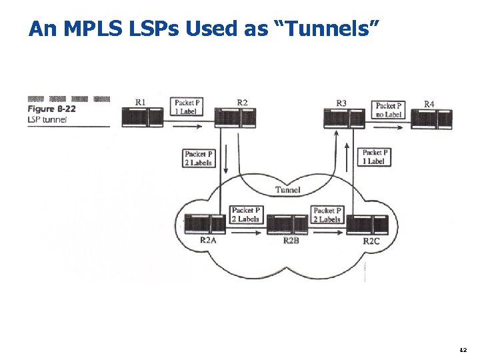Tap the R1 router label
141,102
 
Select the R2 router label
243,102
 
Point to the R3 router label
341,103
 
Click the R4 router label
430,104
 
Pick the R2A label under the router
208,240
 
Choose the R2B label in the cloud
291,240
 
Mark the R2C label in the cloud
371,241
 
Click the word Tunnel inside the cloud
288,190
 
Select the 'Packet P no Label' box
389,110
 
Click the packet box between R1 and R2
185,107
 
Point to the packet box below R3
374,157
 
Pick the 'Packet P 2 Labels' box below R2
198,158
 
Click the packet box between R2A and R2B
245,215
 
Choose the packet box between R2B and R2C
327,215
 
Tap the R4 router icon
433,119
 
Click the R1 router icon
143,117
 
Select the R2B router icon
287,225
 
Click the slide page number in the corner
464,349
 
